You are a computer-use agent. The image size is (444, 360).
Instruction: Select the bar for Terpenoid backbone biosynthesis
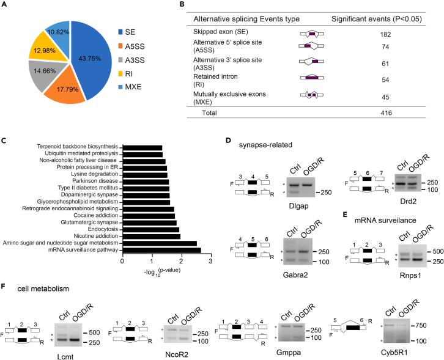pyautogui.click(x=142, y=147)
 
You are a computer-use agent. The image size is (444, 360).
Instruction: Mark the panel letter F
pyautogui.click(x=5, y=285)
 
